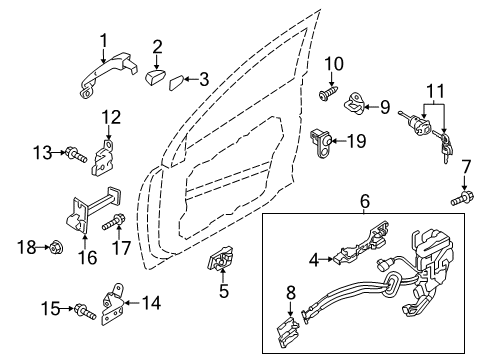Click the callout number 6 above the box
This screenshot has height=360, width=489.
pyautogui.click(x=364, y=201)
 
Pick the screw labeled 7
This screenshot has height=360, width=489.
pyautogui.click(x=461, y=198)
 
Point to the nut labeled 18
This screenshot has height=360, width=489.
pyautogui.click(x=57, y=245)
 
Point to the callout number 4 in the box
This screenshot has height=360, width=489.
pyautogui.click(x=313, y=260)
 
